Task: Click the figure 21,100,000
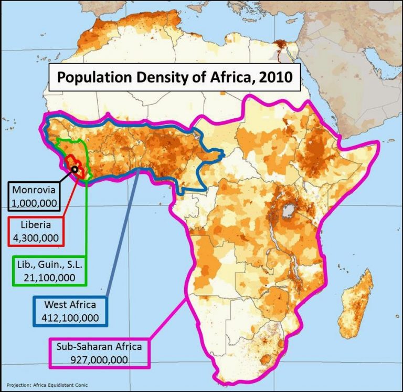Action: click(x=48, y=277)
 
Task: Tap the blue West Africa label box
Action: click(x=69, y=311)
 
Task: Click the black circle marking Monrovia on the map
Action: click(x=75, y=169)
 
